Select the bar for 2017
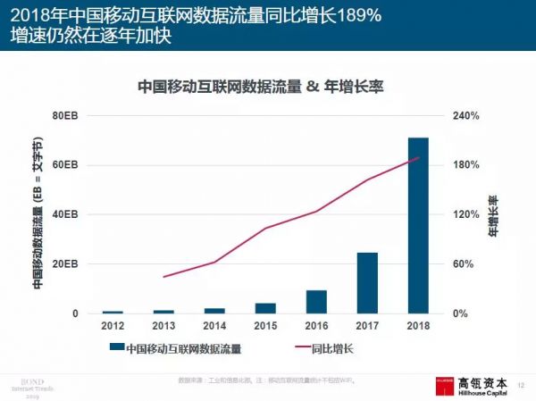click(x=367, y=283)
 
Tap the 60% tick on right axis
click(x=465, y=264)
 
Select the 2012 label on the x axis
click(x=113, y=326)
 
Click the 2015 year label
click(x=265, y=326)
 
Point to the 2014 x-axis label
click(x=214, y=326)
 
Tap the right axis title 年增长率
click(x=493, y=215)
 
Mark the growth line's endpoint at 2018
click(x=418, y=158)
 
